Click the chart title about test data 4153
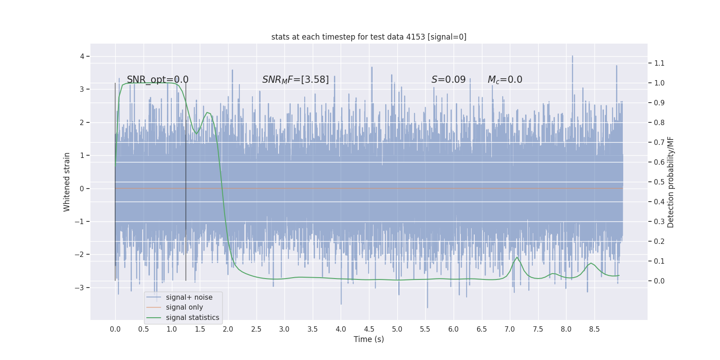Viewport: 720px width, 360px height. (x=369, y=37)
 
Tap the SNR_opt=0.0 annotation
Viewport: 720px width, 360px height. (x=157, y=80)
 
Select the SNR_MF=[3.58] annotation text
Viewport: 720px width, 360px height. (x=296, y=80)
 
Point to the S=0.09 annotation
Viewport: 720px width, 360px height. (x=448, y=80)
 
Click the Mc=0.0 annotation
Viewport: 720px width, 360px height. (x=505, y=80)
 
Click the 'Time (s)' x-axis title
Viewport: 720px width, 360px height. (x=369, y=339)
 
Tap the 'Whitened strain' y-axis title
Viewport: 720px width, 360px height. (x=67, y=182)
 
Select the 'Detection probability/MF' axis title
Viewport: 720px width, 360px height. (x=670, y=182)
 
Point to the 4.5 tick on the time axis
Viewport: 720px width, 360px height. (x=369, y=329)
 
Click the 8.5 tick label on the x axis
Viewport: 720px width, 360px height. (x=594, y=329)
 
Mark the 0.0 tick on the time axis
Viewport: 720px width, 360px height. (x=115, y=329)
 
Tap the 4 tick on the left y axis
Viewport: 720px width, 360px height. (x=82, y=56)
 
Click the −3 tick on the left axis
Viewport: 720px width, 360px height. (x=80, y=288)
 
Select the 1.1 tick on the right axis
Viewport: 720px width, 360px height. (x=659, y=63)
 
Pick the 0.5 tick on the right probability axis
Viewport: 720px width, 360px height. (x=659, y=182)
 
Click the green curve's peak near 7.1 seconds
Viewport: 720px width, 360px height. (x=517, y=257)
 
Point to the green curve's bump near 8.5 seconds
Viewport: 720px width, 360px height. (x=591, y=263)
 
